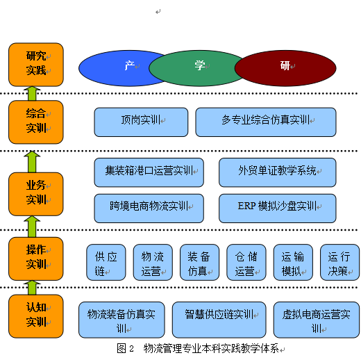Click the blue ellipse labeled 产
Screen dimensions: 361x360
(116, 68)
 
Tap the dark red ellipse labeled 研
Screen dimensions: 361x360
(285, 68)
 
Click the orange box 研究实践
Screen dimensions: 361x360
(36, 65)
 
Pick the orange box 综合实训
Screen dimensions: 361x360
(36, 122)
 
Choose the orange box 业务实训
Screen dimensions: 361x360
(36, 194)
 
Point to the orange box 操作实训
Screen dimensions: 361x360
(36, 259)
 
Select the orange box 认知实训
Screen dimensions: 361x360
(36, 316)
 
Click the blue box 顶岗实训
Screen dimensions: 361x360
(141, 122)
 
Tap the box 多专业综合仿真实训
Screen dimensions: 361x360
(266, 122)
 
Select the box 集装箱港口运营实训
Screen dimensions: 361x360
(149, 172)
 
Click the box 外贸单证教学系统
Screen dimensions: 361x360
(278, 172)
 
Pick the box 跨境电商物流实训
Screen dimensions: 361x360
(149, 208)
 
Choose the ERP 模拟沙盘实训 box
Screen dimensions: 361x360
(278, 208)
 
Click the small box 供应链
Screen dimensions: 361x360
(106, 262)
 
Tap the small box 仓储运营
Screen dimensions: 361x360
(246, 262)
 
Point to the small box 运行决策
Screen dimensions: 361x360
(340, 262)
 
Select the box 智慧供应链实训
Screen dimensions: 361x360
(219, 320)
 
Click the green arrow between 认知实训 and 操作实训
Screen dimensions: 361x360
(32, 288)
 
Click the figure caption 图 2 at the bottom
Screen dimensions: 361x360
(125, 349)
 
